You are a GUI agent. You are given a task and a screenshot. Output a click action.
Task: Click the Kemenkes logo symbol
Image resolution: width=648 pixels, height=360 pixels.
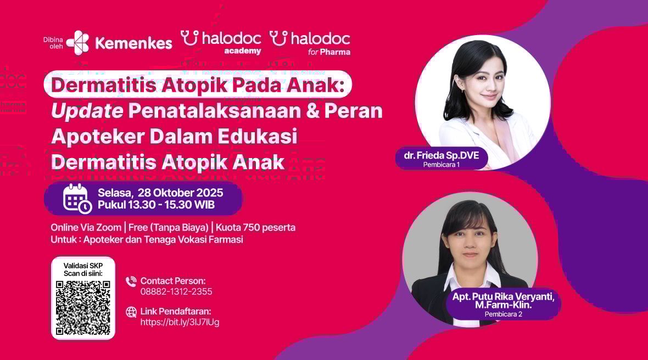[77, 42]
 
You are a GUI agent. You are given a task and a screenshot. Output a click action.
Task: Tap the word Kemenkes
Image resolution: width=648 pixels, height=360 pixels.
[133, 43]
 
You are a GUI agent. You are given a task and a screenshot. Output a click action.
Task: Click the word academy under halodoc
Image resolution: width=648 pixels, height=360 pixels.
[243, 51]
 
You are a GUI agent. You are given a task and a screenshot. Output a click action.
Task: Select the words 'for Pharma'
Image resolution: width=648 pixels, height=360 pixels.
[329, 52]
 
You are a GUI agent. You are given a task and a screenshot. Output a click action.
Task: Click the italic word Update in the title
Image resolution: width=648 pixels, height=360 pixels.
[87, 111]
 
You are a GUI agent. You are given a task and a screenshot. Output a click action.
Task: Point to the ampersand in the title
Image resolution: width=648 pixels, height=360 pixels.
[313, 111]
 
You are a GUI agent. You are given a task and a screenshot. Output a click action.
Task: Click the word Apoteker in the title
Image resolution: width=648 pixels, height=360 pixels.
[98, 136]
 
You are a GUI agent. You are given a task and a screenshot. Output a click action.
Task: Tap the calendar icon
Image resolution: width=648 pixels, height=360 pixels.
[77, 199]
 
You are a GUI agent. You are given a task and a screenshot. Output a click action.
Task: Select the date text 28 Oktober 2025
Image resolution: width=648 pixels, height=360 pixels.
[180, 193]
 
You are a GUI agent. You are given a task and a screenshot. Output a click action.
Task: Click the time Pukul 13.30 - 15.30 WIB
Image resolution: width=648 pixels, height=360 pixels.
[156, 205]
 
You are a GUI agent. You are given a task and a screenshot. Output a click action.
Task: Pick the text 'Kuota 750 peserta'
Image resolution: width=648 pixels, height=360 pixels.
[255, 228]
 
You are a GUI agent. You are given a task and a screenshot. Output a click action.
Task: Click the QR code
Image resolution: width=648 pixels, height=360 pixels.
[83, 307]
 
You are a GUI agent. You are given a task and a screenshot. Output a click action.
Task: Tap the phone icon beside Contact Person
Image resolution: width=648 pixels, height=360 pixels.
[131, 282]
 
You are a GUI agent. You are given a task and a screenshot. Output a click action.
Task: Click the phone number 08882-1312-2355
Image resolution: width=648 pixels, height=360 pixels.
[176, 291]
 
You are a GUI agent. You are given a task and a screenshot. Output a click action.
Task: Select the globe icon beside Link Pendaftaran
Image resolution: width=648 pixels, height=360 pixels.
[131, 312]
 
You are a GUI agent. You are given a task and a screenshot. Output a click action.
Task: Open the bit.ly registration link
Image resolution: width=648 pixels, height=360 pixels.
[180, 322]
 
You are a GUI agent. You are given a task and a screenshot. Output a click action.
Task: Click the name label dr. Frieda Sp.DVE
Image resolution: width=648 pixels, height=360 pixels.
[442, 155]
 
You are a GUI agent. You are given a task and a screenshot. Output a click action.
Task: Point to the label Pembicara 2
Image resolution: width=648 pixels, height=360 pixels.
[504, 314]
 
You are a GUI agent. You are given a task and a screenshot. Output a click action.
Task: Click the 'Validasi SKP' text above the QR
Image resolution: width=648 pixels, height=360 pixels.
[83, 266]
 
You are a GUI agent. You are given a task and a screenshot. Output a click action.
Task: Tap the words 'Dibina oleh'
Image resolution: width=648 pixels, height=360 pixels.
[53, 43]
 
